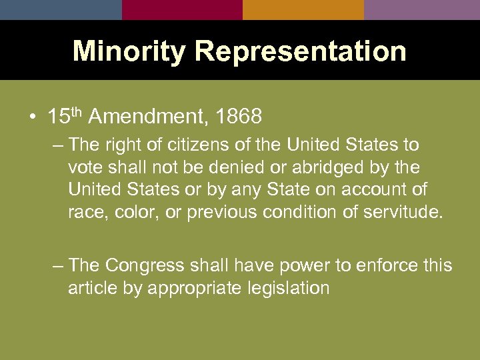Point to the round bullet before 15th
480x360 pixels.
tap(33, 118)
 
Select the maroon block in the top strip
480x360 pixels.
tap(182, 9)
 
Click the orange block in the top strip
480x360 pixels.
tap(303, 9)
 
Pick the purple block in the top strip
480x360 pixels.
tap(422, 9)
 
